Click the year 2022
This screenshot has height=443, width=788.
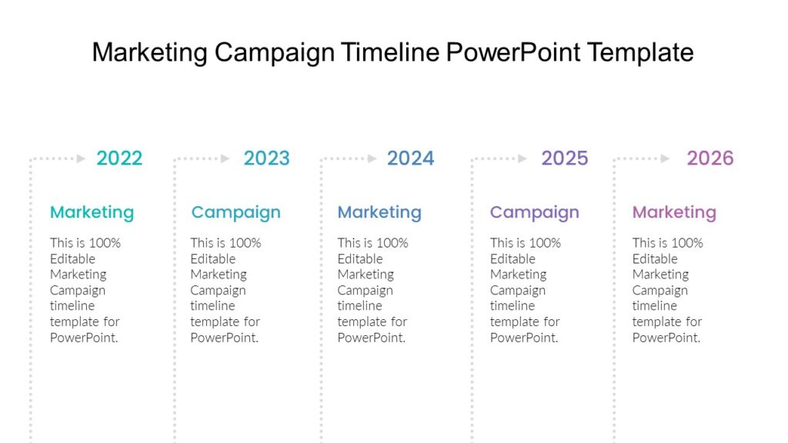[x=119, y=158]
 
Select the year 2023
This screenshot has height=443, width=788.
[x=267, y=158]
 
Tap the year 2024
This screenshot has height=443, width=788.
[x=411, y=158]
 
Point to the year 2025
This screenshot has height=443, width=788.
[x=564, y=158]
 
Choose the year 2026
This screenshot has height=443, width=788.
[x=710, y=158]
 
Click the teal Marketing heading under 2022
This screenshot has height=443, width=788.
[x=92, y=212]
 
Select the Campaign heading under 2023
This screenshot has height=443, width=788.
[x=235, y=212]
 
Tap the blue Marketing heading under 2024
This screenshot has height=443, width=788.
[x=379, y=212]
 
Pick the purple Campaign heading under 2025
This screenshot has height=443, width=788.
[x=535, y=212]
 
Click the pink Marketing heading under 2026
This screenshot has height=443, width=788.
[x=674, y=212]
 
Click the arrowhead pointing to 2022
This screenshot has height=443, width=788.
[x=81, y=158]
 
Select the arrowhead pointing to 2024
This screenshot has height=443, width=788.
[x=372, y=158]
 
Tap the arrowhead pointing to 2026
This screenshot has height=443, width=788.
[x=665, y=158]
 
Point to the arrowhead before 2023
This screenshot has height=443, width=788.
[x=225, y=158]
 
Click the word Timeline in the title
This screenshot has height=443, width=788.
[x=390, y=52]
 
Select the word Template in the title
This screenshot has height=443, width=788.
[x=640, y=53]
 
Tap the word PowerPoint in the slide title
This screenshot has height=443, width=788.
[x=513, y=52]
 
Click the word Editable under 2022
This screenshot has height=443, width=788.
[x=72, y=258]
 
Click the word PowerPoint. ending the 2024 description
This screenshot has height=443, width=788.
[x=372, y=338]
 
